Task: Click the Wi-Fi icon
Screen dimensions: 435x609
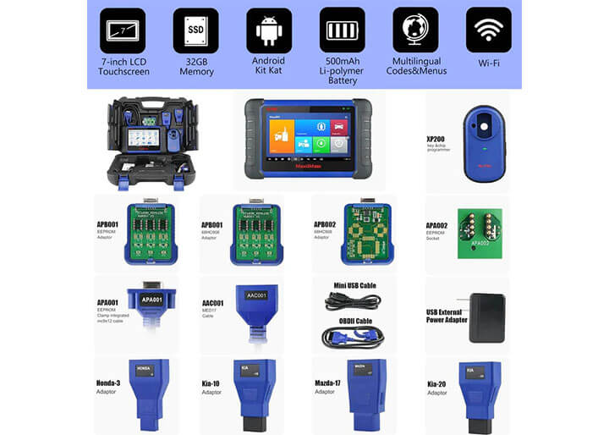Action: click(x=488, y=30)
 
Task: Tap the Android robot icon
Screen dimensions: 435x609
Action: click(x=268, y=30)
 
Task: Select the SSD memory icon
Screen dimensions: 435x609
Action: click(x=195, y=30)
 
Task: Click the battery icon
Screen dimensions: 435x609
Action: click(x=342, y=30)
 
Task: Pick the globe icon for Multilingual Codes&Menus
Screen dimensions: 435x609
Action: click(x=415, y=30)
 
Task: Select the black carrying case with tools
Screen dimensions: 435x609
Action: click(x=150, y=141)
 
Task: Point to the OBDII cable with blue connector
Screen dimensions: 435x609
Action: click(x=353, y=336)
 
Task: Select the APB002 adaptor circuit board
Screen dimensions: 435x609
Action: click(x=366, y=233)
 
